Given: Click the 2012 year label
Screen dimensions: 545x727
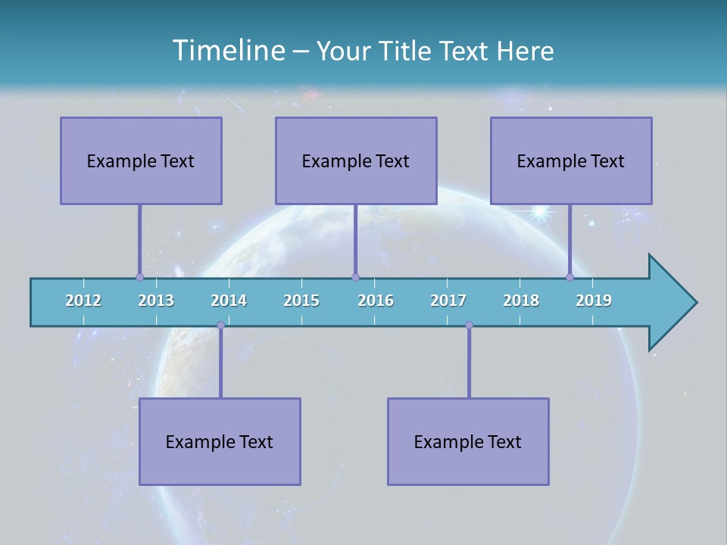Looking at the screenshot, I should tap(83, 301).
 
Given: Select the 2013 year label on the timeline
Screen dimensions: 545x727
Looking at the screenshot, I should tap(156, 301).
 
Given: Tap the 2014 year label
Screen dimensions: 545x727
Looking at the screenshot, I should tap(229, 301).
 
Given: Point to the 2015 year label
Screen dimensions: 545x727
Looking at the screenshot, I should tap(301, 301).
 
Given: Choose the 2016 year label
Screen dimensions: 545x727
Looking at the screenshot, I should tap(376, 301).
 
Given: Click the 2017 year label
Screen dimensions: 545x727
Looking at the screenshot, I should tap(448, 301).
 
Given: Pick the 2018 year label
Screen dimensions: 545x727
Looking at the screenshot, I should tap(521, 301).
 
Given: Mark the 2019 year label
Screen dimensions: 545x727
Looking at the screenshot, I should tap(594, 301).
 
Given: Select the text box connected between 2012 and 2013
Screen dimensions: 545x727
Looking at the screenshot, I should tap(141, 160).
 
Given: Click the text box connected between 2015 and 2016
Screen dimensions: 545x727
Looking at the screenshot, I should tap(356, 160).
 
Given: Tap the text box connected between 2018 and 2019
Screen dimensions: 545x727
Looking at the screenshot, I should tap(571, 160).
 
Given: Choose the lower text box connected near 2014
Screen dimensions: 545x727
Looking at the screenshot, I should tap(220, 441).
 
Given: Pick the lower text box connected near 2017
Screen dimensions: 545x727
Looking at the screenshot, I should tap(468, 441).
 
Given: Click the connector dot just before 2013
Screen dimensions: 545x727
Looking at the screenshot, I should tap(139, 277).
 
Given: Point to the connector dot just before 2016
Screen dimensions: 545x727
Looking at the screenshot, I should tap(355, 277).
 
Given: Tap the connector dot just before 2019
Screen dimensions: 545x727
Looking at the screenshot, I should tap(569, 277).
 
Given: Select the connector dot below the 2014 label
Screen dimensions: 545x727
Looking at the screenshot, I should tap(220, 325).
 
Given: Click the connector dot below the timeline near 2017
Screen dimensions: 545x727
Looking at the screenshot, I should tap(469, 325).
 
